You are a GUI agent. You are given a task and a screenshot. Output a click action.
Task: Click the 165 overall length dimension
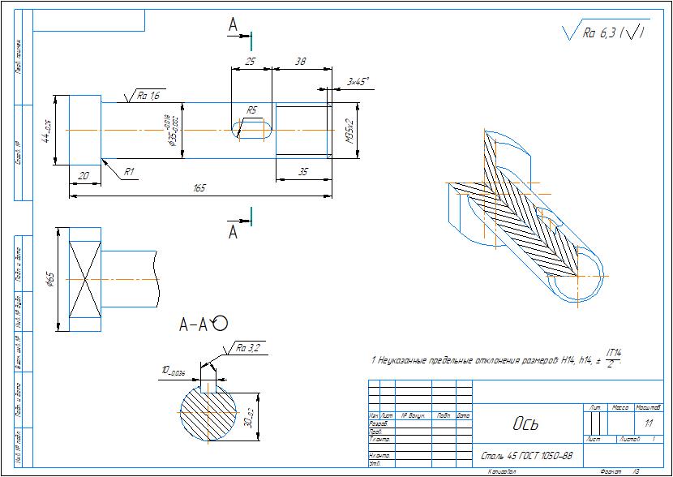[x=199, y=188]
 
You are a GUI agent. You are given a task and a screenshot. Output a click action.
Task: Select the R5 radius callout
[x=252, y=110]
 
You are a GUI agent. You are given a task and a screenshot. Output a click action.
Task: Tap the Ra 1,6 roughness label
[x=148, y=96]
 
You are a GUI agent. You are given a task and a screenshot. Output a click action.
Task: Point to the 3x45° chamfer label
[x=358, y=81]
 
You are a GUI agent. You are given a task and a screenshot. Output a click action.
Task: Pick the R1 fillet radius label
[x=129, y=171]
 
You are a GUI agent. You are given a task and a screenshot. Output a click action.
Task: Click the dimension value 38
[x=300, y=62]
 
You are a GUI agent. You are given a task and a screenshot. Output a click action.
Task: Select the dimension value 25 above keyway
[x=251, y=62]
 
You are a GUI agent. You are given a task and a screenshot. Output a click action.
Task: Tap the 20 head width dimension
[x=84, y=176]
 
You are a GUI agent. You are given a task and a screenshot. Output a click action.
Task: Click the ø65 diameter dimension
[x=50, y=280]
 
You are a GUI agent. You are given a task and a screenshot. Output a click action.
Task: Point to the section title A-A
[x=195, y=325]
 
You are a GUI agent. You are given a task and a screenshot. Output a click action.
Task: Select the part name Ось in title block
[x=525, y=423]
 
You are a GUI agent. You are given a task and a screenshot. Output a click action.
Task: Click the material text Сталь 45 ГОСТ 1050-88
[x=527, y=456]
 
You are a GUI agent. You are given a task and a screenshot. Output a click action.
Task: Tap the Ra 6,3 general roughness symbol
[x=604, y=32]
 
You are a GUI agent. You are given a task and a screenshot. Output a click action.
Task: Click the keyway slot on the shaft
[x=252, y=130]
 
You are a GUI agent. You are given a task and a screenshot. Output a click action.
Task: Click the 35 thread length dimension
[x=302, y=172]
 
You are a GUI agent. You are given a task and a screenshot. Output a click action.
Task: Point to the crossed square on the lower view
[x=85, y=279]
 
